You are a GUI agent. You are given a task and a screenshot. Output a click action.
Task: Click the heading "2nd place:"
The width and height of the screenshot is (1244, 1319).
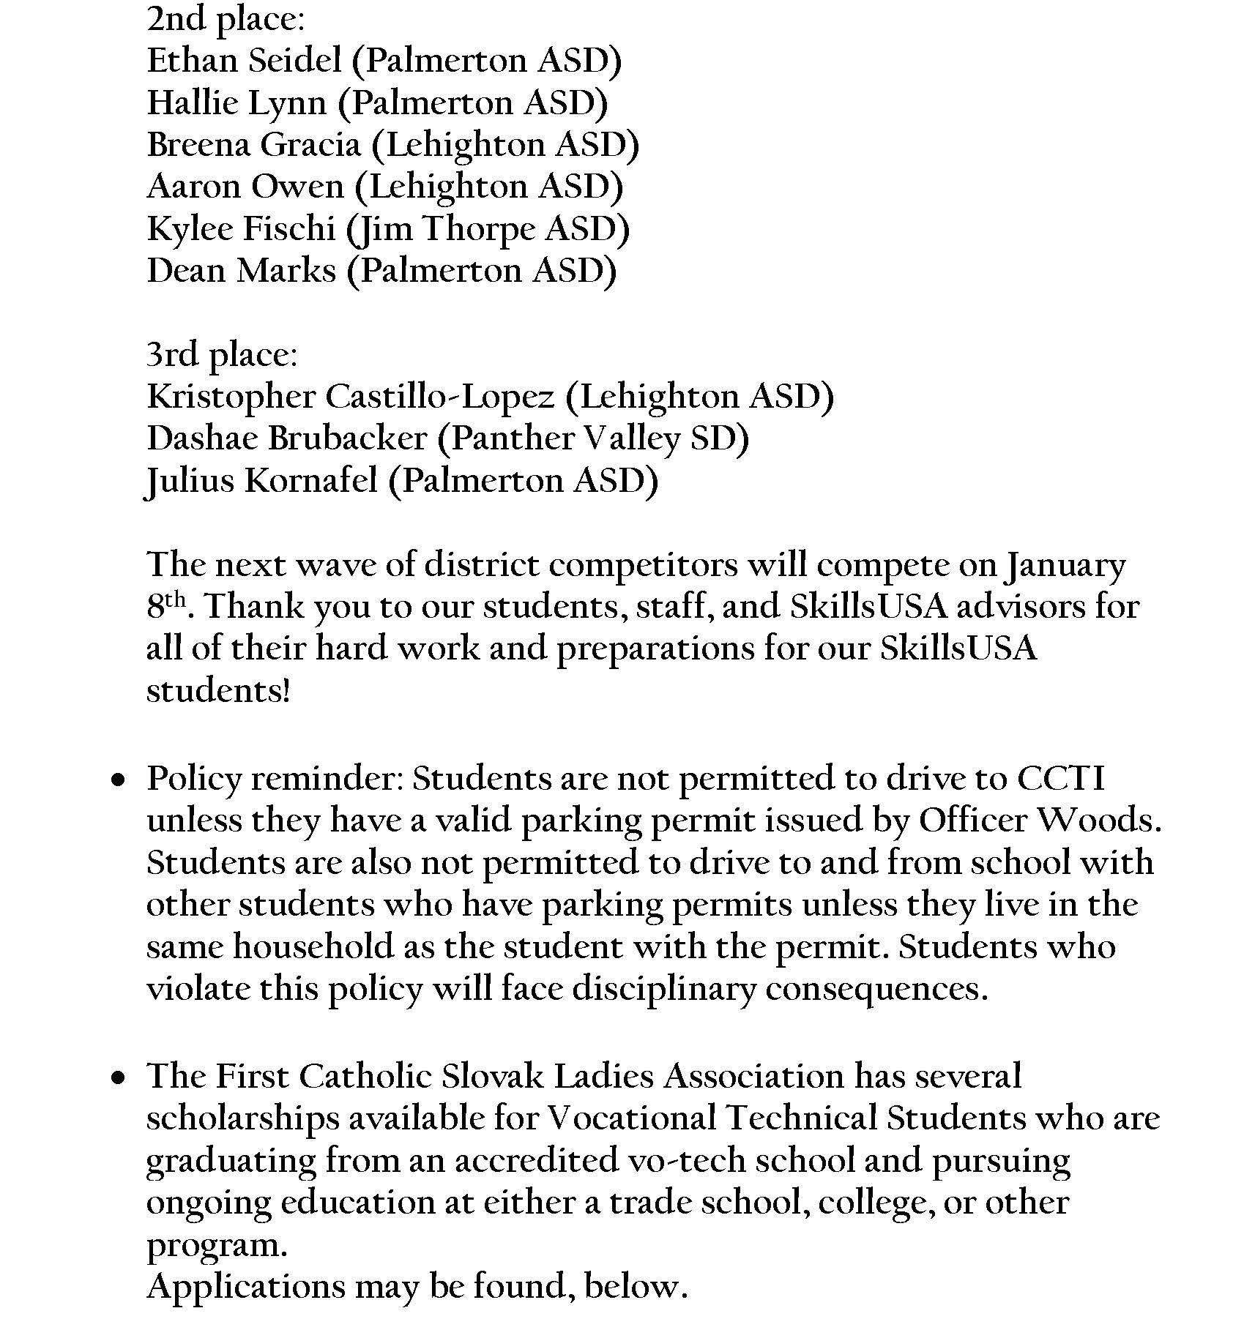[225, 19]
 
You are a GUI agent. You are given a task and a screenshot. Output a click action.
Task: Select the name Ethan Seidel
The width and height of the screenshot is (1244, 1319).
[245, 61]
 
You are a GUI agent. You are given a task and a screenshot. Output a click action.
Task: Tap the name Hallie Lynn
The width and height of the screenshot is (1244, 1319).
[236, 103]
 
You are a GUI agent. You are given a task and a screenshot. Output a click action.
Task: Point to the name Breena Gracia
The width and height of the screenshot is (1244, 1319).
[253, 145]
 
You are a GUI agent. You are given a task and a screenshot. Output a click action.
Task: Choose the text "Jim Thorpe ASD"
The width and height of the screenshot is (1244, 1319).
[481, 229]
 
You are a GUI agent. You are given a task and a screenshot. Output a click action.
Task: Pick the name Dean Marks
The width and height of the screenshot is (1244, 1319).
[241, 271]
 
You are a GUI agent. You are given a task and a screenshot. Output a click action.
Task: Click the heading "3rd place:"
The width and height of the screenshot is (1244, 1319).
[222, 355]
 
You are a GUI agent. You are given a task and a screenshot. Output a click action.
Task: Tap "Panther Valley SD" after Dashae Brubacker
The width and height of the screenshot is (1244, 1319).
[593, 439]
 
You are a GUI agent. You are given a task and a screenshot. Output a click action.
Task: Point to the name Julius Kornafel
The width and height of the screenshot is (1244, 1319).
[261, 481]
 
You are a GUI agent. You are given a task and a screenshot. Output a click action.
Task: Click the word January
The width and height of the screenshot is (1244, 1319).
[1065, 566]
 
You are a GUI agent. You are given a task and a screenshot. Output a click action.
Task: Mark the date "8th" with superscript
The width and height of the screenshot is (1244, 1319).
[165, 606]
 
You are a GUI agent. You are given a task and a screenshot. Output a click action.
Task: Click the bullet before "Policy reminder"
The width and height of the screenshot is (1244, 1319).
[118, 781]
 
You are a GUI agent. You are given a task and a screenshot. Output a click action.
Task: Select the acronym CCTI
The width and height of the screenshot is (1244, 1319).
[1060, 778]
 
